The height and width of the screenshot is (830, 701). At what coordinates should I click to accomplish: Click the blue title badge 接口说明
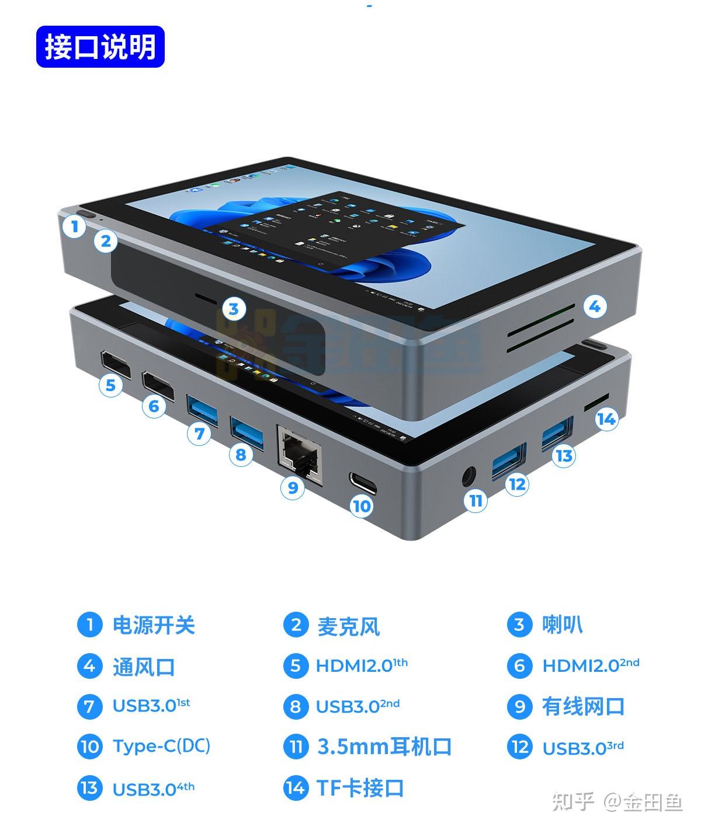point(100,47)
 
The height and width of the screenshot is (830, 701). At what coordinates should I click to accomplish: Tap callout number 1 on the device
point(74,226)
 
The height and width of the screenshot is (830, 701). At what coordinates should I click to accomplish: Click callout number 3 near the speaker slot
point(234,308)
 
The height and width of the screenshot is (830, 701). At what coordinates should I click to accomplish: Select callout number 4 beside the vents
point(594,306)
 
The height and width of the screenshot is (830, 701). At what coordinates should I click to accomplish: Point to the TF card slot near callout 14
point(596,402)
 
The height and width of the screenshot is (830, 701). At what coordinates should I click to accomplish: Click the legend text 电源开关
point(153,625)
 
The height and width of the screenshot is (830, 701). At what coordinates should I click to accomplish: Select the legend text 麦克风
point(348,626)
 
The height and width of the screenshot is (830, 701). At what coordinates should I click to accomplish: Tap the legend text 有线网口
point(583,706)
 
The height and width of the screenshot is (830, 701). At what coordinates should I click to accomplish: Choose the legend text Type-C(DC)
point(161,746)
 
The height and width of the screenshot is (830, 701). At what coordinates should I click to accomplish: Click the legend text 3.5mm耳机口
point(384,747)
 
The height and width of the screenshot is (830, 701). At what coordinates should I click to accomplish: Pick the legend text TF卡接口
point(360,788)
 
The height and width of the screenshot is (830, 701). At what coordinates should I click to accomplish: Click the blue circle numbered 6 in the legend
point(519,666)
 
